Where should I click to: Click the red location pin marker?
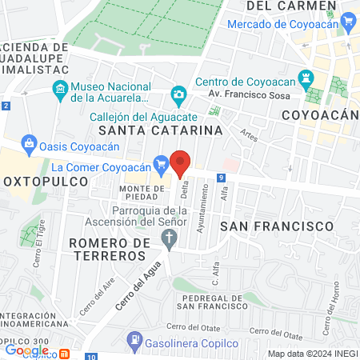[x=181, y=163]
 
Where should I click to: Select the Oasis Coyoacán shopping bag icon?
[x=29, y=144]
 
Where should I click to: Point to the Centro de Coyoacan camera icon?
[x=178, y=94]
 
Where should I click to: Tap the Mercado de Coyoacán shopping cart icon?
[x=346, y=24]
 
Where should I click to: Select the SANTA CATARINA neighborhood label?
[x=159, y=129]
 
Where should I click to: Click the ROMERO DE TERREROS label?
[x=109, y=248]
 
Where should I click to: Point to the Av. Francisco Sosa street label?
[x=238, y=94]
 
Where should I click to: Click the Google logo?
[x=26, y=350]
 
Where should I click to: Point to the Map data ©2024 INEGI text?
[x=311, y=354]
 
